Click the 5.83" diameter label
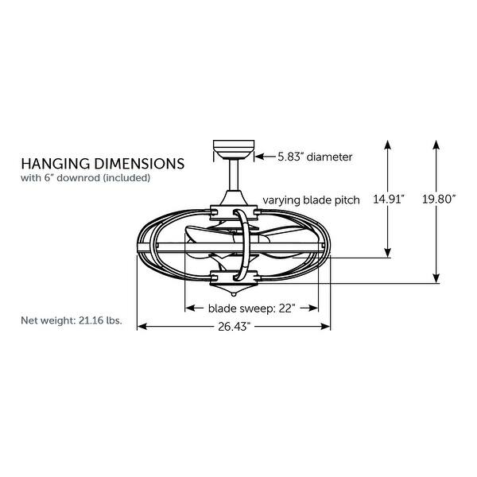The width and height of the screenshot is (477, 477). click(313, 157)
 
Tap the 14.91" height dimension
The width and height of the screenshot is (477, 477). click(389, 200)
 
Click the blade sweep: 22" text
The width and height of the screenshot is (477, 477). click(252, 308)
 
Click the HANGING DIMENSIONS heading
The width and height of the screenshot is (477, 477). click(103, 163)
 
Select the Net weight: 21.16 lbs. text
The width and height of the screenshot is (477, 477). click(72, 321)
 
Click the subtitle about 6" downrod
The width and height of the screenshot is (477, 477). click(85, 178)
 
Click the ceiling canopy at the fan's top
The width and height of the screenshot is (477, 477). click(234, 149)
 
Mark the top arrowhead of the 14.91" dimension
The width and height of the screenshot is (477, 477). click(389, 145)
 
